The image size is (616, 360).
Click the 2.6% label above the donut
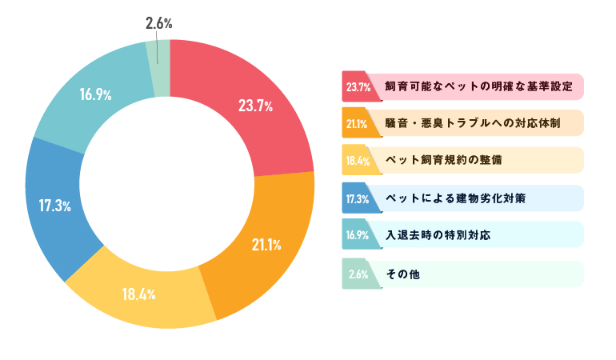158,23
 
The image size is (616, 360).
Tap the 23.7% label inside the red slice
256,105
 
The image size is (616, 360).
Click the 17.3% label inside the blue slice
55,205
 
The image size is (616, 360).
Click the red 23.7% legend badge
357,87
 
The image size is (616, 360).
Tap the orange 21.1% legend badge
357,124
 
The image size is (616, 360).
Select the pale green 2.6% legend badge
357,274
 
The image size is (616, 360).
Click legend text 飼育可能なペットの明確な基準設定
478,86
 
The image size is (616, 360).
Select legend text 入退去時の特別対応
437,235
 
